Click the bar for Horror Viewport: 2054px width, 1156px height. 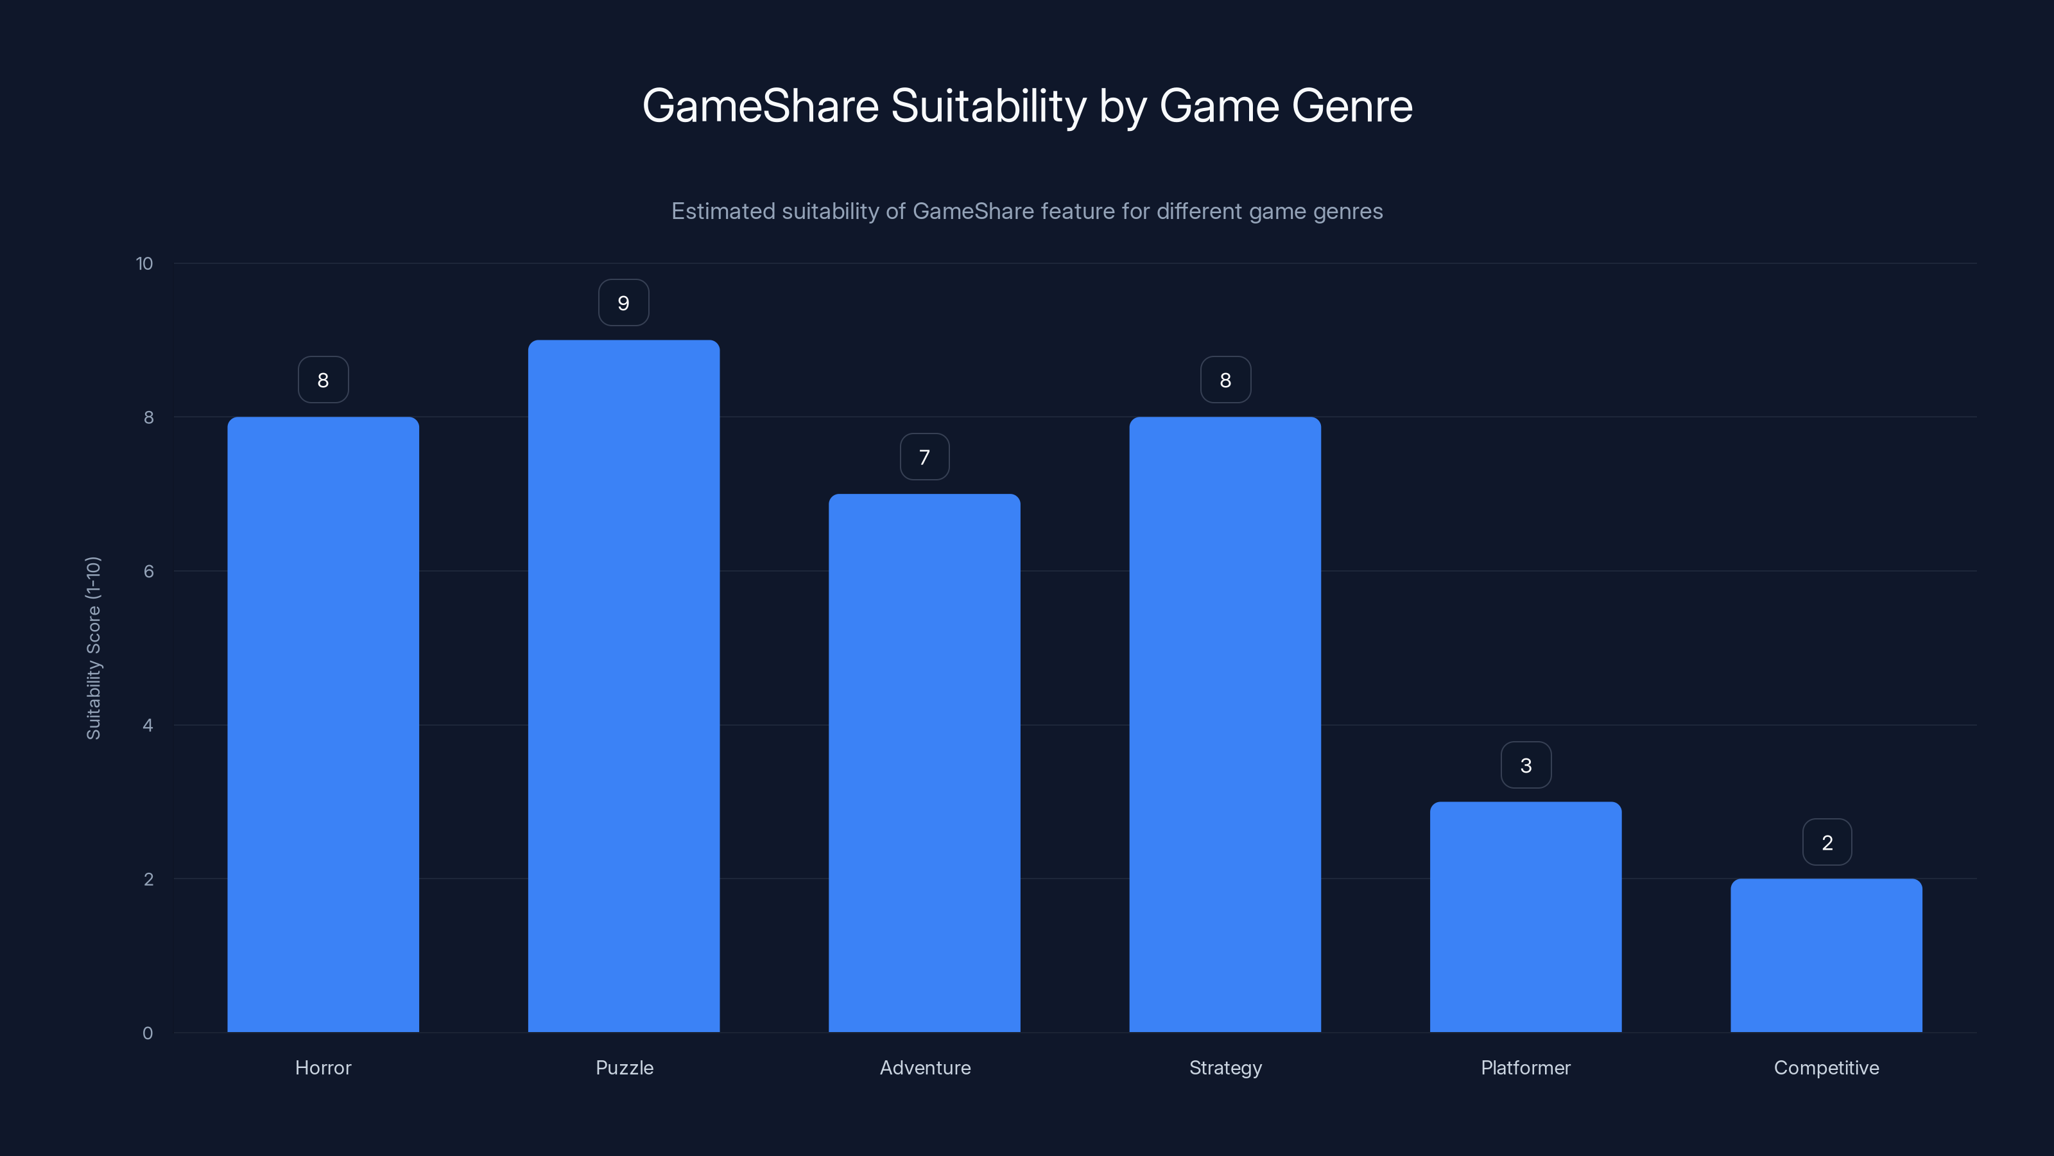[x=323, y=724]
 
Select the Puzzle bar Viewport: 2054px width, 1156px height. [x=623, y=686]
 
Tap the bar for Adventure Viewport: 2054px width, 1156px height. [x=924, y=763]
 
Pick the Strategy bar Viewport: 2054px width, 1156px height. [x=1225, y=724]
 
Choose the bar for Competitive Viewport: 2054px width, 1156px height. [x=1826, y=955]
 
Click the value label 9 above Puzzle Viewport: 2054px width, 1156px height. [x=623, y=303]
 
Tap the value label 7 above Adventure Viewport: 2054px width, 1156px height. [x=924, y=457]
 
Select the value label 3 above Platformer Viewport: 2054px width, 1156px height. [x=1525, y=765]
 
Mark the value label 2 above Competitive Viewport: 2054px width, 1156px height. [x=1827, y=843]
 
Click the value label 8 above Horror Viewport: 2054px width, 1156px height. [x=323, y=380]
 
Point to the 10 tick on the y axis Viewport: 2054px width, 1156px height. [x=144, y=263]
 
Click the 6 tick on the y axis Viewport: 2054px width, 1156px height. [x=148, y=571]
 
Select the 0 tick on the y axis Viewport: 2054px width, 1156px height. [x=148, y=1033]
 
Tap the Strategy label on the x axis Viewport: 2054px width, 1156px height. [x=1225, y=1067]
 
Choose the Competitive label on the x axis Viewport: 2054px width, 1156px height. [x=1826, y=1067]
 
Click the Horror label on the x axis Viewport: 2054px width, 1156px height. [x=323, y=1067]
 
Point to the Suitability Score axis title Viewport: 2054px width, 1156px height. [x=93, y=648]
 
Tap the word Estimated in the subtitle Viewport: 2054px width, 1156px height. [x=722, y=211]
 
